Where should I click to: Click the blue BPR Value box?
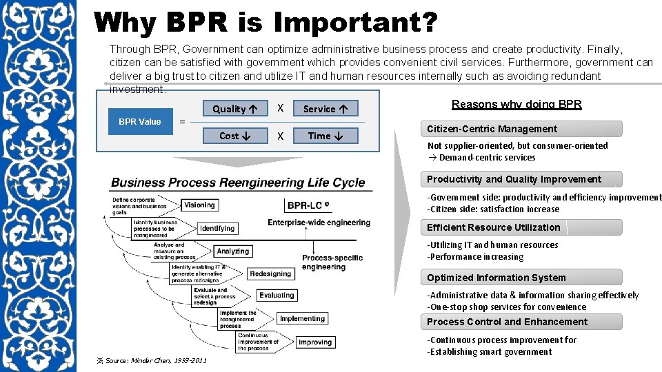point(140,122)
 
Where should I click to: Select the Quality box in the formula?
point(235,109)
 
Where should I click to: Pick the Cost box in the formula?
point(235,136)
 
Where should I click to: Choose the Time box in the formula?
point(325,136)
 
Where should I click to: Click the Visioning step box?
point(200,205)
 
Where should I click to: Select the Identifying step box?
point(217,228)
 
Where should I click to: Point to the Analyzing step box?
point(233,251)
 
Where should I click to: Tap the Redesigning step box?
point(270,273)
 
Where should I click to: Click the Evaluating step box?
point(277,296)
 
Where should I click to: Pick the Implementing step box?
point(302,319)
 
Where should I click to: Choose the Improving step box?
point(315,342)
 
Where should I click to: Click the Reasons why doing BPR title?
point(516,105)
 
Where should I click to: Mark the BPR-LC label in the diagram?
point(308,205)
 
